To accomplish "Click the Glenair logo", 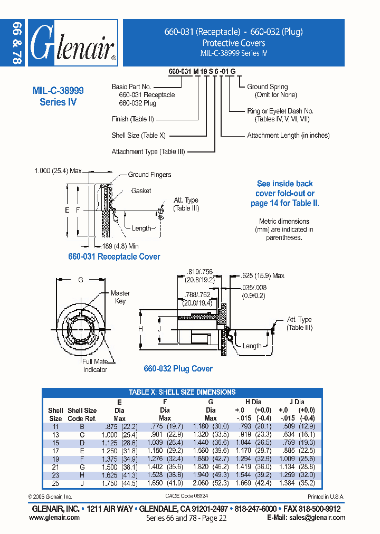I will point(73,43).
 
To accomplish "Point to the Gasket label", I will point(141,190).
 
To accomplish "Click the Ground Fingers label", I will point(149,175).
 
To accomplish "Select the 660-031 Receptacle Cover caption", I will point(114,257).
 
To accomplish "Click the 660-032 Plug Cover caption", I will point(178,369).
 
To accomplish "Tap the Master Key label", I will point(120,297).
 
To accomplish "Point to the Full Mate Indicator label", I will point(95,366).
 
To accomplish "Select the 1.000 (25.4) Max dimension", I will point(58,171).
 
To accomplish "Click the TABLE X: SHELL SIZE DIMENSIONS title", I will point(182,392).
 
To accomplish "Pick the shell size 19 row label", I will point(55,460).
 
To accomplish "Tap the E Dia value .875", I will point(112,426).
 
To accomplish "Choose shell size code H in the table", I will point(82,475).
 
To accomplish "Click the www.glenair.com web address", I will point(55,518).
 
